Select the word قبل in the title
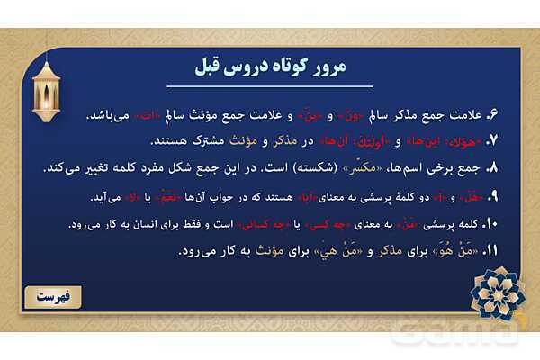click(212, 67)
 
